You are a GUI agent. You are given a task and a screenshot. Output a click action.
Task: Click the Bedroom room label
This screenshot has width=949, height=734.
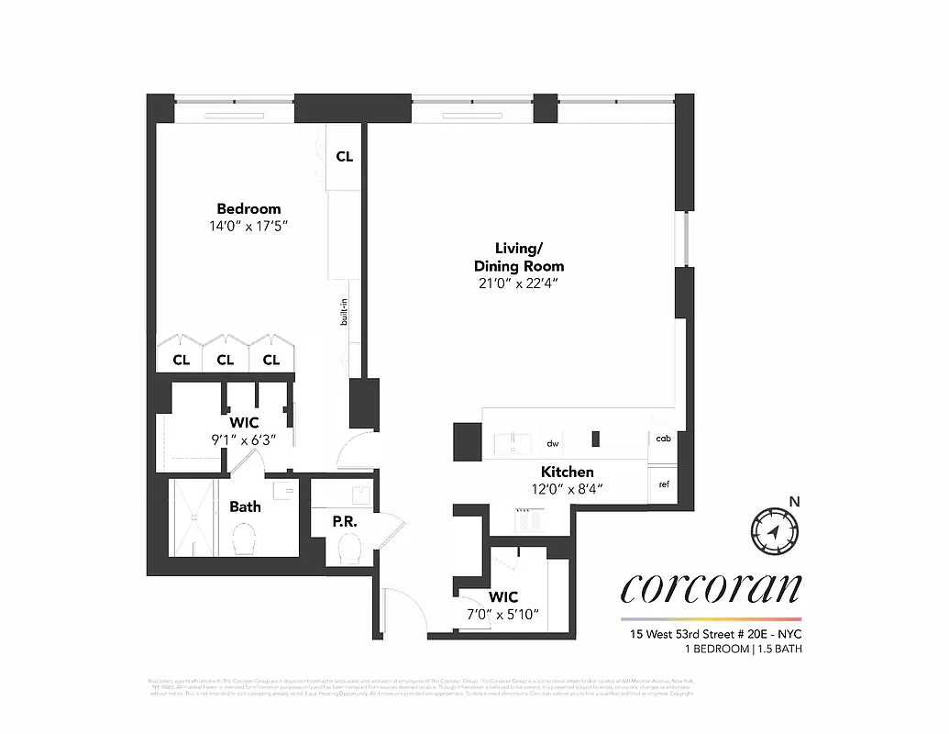tap(248, 208)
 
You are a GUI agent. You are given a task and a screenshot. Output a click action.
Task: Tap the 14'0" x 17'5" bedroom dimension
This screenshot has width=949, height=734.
tap(248, 226)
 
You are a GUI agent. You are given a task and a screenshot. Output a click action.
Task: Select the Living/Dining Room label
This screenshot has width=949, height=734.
tap(518, 257)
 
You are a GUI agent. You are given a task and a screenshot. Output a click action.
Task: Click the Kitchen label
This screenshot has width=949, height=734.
tap(568, 472)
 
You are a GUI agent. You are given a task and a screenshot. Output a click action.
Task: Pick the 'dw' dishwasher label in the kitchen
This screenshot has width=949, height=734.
tap(553, 443)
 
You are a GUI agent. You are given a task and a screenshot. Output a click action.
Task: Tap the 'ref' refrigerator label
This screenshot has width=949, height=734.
tap(663, 484)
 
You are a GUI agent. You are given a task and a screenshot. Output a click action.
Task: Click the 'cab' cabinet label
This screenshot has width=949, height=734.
tap(662, 439)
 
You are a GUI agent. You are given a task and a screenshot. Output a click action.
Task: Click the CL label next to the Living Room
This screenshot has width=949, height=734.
tap(344, 157)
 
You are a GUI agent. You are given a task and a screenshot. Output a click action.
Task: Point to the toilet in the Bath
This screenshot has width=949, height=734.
tap(245, 539)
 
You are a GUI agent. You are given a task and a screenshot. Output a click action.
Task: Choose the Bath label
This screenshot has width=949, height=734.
tap(245, 506)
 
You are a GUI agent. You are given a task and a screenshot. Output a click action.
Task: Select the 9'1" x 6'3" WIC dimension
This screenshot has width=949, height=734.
tap(243, 439)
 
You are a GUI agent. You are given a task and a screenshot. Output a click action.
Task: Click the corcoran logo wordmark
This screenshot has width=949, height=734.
tap(711, 587)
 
